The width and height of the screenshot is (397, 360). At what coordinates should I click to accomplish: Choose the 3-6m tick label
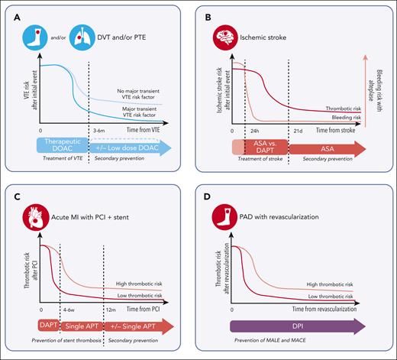(99, 131)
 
